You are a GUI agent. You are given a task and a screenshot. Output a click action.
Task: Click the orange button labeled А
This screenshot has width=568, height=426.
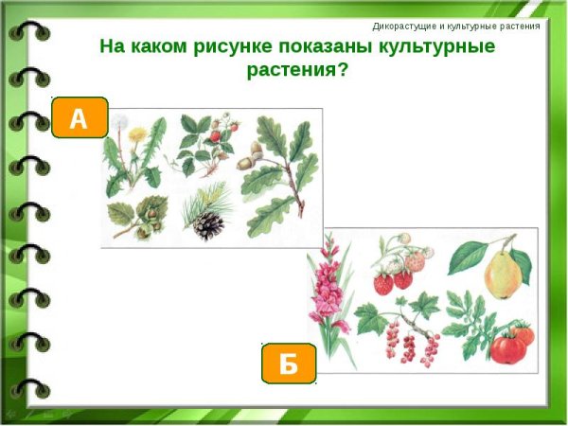point(79,118)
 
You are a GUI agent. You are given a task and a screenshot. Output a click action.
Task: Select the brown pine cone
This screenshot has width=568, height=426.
point(207,224)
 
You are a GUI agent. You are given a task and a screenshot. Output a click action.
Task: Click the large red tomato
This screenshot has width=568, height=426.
point(508,347)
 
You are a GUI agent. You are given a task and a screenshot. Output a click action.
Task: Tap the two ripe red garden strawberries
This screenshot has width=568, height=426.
point(393,281)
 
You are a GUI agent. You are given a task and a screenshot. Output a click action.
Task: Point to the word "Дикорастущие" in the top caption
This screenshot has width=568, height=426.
point(408,26)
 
